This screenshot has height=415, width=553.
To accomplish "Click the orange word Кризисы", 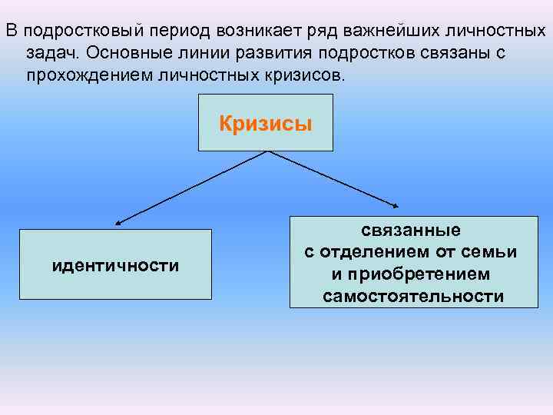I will click(266, 124).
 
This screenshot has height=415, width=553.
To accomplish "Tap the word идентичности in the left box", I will click(115, 266).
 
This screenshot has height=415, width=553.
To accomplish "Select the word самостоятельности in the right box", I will click(413, 296).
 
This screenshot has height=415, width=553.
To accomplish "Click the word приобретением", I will click(413, 274).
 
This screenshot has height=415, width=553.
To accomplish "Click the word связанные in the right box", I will click(412, 230).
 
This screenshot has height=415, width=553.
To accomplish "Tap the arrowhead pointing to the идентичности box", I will click(118, 223).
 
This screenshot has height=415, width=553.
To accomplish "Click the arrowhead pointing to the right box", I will click(397, 206).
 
